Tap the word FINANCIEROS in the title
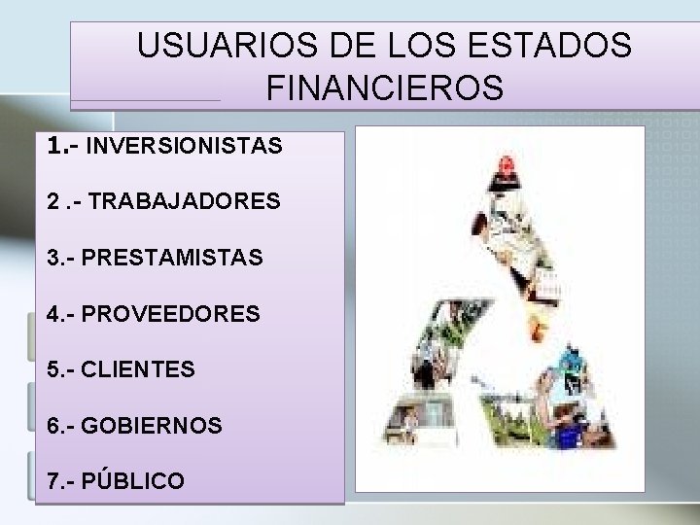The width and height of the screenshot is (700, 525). coord(384,88)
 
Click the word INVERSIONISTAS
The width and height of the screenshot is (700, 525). coord(185,147)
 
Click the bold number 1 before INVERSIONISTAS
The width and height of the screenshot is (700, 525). coord(52,146)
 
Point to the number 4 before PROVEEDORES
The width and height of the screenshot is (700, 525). coord(51,314)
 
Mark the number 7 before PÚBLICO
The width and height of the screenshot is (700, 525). coord(51,481)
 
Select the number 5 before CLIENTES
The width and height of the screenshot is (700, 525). coord(51,369)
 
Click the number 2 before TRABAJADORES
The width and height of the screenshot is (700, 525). coord(51,202)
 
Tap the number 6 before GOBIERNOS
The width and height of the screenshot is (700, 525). coord(51,426)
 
